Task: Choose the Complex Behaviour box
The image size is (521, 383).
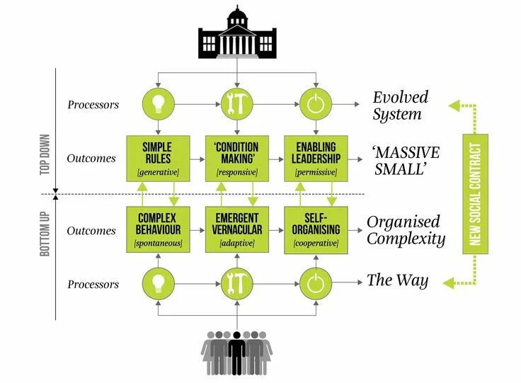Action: (157, 228)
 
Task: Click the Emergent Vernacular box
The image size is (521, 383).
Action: (236, 228)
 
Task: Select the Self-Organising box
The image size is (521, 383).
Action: (316, 228)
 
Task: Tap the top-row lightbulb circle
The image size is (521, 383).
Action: (157, 104)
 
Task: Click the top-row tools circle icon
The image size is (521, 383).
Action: (236, 104)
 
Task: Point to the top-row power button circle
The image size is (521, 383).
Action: (316, 104)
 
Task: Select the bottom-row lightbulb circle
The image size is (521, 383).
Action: (157, 282)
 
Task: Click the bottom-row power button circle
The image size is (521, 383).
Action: (316, 282)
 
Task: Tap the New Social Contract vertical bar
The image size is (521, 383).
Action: (475, 193)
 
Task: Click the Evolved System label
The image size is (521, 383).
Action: (401, 105)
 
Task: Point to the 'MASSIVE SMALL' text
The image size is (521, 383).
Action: (406, 161)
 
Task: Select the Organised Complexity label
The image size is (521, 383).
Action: (405, 230)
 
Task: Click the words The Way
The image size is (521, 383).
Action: (397, 280)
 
